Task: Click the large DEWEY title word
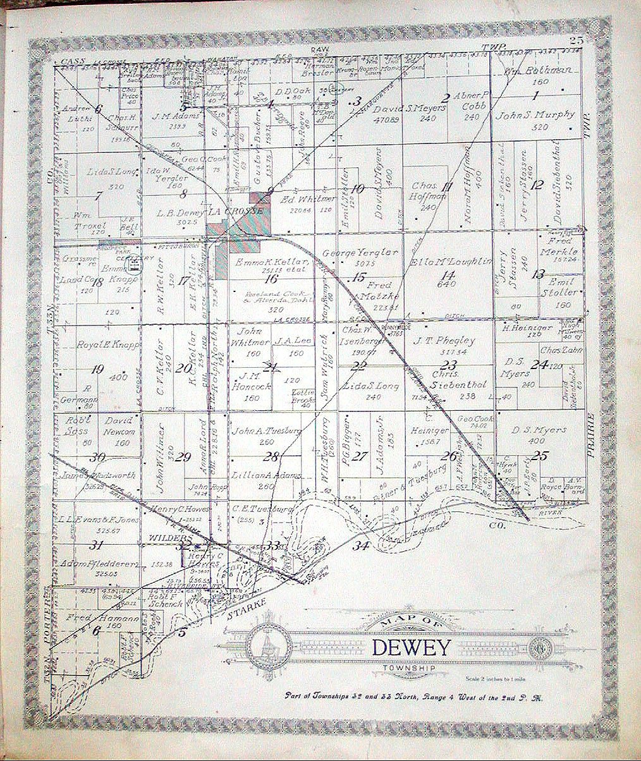point(412,647)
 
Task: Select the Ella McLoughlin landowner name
point(451,262)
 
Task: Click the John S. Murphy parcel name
point(535,115)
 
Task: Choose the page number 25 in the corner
point(575,41)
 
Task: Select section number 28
point(272,456)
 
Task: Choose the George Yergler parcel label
point(360,252)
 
